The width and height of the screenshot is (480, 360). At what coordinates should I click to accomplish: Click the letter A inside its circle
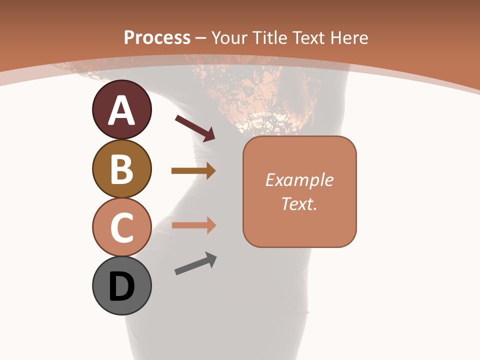tap(121, 111)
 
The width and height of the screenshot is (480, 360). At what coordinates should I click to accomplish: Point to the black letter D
tap(121, 286)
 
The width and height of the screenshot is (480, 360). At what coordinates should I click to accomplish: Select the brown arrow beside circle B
tap(193, 170)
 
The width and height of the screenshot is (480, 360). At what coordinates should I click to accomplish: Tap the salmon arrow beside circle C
tap(193, 225)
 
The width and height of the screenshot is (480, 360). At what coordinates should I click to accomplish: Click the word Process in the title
tap(157, 37)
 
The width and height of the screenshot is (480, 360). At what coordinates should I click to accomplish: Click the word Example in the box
tap(299, 180)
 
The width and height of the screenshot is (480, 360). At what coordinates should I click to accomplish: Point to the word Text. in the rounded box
tap(299, 204)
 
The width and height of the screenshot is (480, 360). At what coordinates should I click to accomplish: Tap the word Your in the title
tap(230, 37)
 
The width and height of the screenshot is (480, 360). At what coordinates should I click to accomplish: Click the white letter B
tap(121, 169)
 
